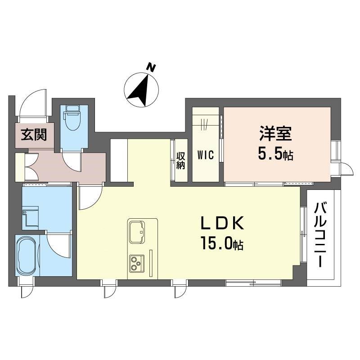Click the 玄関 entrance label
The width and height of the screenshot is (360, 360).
(34, 135)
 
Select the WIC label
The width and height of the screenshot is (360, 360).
(206, 154)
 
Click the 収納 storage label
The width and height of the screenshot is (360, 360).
(180, 161)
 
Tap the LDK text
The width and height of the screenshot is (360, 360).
(222, 223)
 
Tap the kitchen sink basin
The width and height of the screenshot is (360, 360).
(137, 232)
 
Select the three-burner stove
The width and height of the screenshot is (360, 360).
(137, 264)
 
